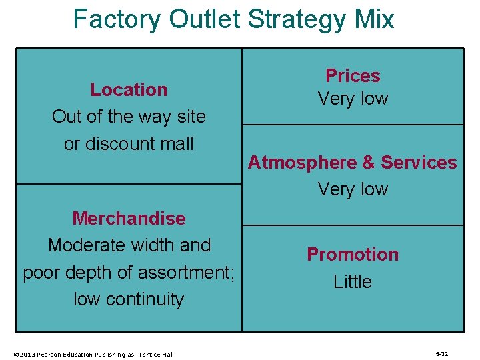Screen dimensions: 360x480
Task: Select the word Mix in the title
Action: click(375, 19)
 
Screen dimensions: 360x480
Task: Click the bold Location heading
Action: click(129, 89)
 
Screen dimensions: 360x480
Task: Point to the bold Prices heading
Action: click(353, 76)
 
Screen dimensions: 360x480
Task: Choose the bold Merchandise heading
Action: click(129, 218)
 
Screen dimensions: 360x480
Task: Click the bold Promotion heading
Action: click(353, 255)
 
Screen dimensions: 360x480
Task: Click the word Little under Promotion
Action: click(353, 282)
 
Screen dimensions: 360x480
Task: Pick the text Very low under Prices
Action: click(353, 99)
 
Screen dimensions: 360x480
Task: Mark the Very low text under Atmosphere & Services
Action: click(353, 189)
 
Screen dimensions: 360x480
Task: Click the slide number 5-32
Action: click(441, 354)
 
